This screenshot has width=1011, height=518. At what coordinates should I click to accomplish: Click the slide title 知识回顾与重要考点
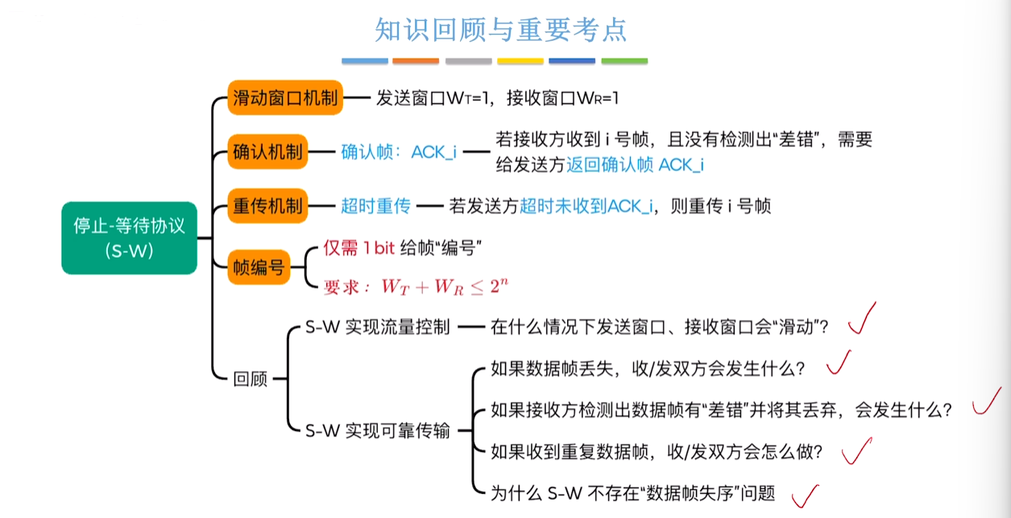click(x=501, y=30)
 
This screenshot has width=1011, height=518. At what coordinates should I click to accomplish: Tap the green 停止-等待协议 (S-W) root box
click(x=130, y=238)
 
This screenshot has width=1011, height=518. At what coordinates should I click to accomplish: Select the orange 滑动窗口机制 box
click(x=285, y=97)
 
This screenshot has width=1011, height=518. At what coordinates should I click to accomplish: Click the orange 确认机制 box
click(x=267, y=151)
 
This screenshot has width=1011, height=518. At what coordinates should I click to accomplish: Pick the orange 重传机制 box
click(x=267, y=205)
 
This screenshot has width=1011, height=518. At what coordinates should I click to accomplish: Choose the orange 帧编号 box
click(x=259, y=267)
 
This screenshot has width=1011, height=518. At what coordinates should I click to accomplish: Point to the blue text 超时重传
click(x=375, y=206)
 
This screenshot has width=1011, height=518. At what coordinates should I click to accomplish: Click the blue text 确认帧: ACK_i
click(x=399, y=152)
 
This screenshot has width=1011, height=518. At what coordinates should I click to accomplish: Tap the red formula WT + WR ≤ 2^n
click(x=445, y=287)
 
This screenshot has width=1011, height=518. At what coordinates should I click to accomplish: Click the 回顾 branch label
click(x=250, y=379)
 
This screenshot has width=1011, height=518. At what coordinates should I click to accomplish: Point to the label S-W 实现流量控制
click(x=377, y=327)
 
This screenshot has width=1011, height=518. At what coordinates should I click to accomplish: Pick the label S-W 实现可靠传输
click(x=377, y=431)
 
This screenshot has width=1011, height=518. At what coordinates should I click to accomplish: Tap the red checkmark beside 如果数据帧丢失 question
click(x=839, y=363)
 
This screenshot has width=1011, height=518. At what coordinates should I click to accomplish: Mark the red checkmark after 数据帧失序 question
click(x=806, y=496)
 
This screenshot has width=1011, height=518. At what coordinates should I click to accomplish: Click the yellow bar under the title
click(x=520, y=61)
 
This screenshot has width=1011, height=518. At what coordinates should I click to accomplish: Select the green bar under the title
click(x=624, y=61)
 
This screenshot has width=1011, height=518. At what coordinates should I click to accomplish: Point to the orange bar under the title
click(x=416, y=61)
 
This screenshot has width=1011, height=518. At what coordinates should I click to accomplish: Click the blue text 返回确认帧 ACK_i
click(x=635, y=165)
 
